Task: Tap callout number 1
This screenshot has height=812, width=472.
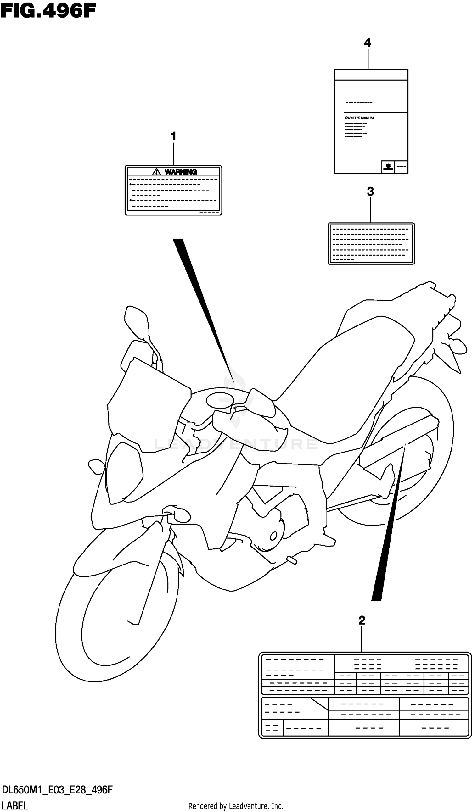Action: (x=173, y=136)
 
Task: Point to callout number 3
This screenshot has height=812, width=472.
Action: (x=370, y=192)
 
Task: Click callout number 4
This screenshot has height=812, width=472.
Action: (x=367, y=43)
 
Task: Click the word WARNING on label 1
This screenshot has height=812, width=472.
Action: (x=181, y=172)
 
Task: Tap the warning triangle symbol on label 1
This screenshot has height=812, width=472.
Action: (x=156, y=172)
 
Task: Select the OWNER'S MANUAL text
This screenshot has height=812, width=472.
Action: (x=359, y=118)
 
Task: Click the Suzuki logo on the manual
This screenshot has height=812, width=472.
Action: (x=388, y=167)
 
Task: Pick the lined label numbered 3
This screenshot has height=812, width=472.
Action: (x=371, y=244)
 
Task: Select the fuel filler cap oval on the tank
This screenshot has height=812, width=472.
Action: (x=219, y=401)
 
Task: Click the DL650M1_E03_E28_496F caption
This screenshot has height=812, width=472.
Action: (x=57, y=790)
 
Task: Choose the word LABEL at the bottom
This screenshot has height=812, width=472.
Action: (x=15, y=805)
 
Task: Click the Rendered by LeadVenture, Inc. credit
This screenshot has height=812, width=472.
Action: (x=236, y=806)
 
